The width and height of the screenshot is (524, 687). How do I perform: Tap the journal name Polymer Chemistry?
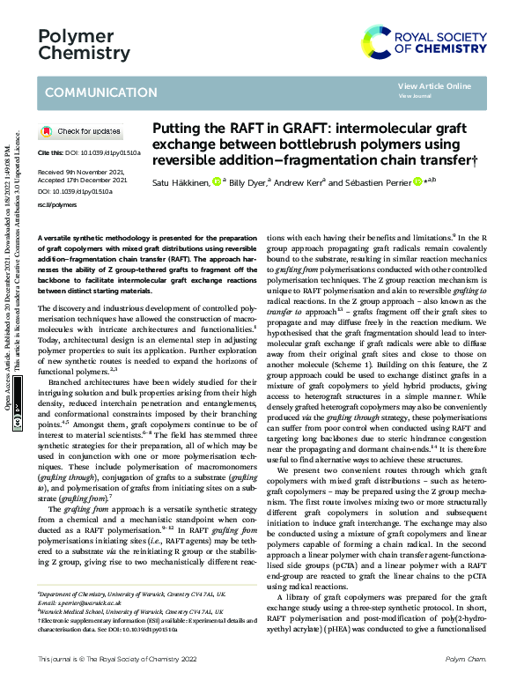click(x=85, y=43)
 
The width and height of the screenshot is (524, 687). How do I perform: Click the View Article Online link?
click(x=434, y=85)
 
